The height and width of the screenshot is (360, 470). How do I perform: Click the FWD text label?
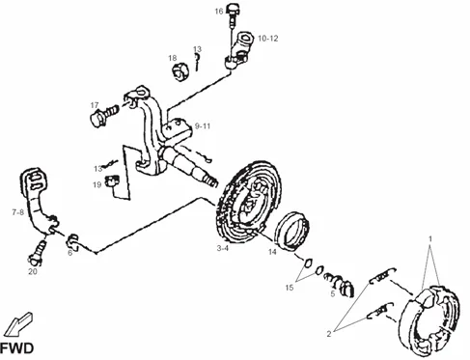tap(16, 348)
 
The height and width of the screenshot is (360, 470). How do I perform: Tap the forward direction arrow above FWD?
tap(18, 324)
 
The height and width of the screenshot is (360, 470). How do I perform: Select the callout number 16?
tap(219, 12)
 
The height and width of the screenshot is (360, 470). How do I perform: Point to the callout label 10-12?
tap(268, 39)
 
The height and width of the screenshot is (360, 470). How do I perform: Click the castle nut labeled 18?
tap(180, 72)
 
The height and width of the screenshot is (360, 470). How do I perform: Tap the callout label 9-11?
tap(203, 125)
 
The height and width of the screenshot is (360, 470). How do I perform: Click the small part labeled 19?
tap(112, 181)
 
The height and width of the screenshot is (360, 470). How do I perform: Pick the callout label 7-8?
tap(18, 212)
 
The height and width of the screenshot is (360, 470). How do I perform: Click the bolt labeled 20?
tap(38, 253)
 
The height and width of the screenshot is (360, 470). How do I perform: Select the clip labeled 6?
tap(72, 241)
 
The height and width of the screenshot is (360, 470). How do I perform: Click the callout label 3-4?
tap(223, 248)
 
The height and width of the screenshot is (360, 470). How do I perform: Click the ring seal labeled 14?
tap(291, 231)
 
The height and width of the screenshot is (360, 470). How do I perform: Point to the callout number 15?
tap(290, 288)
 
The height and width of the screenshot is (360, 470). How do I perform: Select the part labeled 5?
tap(341, 284)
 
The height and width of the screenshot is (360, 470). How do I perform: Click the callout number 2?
tap(329, 334)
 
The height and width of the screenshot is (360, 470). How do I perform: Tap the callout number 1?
tap(430, 239)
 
